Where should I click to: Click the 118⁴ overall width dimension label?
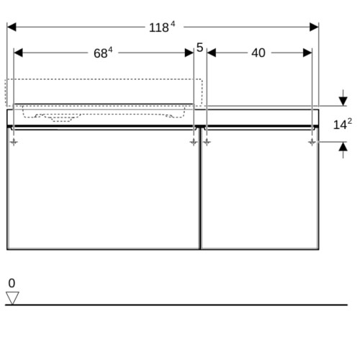[x=162, y=27]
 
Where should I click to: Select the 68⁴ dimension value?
[x=103, y=53]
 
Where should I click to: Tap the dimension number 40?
[x=258, y=53]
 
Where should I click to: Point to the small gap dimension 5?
[x=199, y=48]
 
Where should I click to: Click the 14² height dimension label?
[x=343, y=124]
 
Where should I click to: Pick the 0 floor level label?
[x=12, y=283]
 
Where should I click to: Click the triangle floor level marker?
[x=12, y=298]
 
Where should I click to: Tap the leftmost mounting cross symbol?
[x=14, y=143]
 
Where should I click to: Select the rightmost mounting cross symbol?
[x=312, y=143]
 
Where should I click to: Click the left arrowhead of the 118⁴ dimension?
[x=12, y=27]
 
